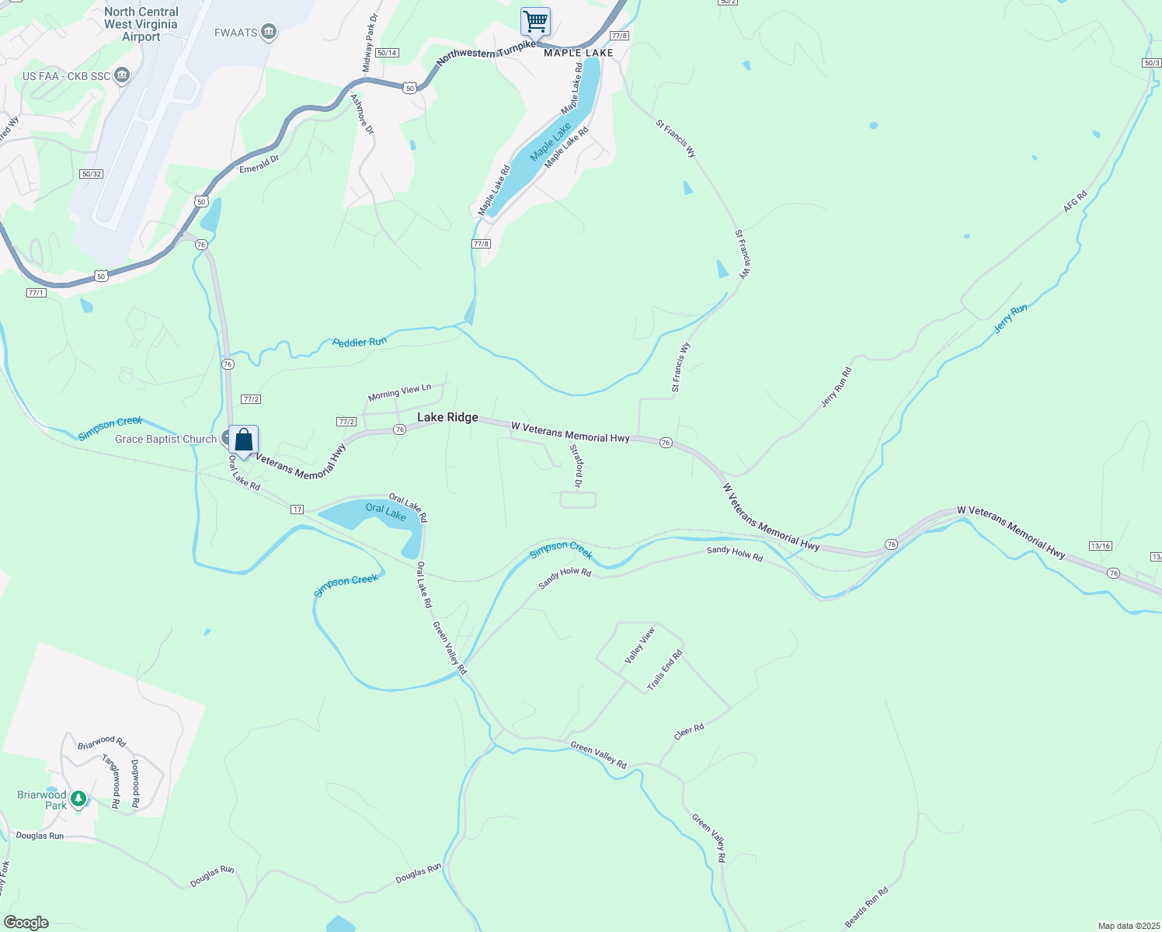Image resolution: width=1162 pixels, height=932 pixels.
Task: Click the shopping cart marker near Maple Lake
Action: [x=535, y=22]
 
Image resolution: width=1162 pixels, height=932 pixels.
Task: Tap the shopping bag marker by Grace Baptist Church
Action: [x=243, y=440]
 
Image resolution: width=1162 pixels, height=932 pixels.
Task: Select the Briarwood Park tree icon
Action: [x=78, y=798]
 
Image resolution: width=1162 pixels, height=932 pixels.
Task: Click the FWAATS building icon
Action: [x=269, y=32]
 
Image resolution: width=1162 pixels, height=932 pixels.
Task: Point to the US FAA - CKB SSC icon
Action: [x=121, y=75]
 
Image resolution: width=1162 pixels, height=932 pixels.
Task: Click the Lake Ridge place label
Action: [x=447, y=418]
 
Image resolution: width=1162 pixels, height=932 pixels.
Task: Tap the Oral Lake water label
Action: [x=385, y=512]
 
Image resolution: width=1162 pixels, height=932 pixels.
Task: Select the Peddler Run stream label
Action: [x=360, y=342]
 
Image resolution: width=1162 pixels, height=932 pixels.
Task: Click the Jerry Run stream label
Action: [x=1011, y=319]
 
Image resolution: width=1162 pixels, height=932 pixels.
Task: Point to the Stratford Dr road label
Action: [x=576, y=466]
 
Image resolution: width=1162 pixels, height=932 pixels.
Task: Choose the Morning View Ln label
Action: [x=399, y=392]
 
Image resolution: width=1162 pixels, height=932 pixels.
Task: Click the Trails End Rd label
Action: [x=665, y=670]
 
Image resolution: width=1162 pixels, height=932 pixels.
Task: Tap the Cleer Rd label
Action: [x=689, y=732]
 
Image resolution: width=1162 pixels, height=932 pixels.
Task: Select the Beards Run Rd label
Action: [x=866, y=907]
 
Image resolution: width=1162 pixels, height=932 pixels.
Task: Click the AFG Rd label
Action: [x=1075, y=202]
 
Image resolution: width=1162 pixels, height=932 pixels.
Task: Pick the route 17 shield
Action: [x=297, y=509]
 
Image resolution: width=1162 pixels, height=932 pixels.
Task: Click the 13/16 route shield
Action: [x=1100, y=546]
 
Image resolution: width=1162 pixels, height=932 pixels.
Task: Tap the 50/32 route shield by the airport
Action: [x=92, y=174]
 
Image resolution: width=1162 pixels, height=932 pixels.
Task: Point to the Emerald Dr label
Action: [x=259, y=164]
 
